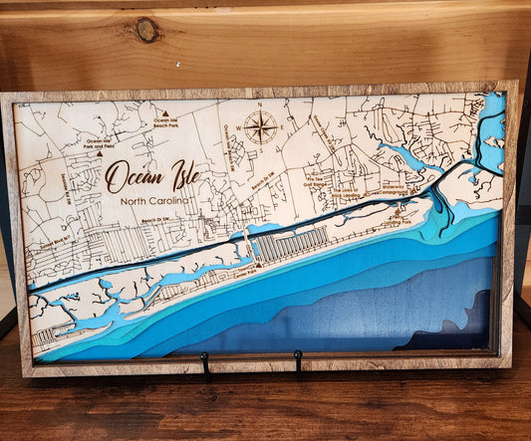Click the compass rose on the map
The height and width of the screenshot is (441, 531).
tap(261, 126)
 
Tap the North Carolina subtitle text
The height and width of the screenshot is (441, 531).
tap(153, 202)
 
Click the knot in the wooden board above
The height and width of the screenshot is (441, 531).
tap(147, 30)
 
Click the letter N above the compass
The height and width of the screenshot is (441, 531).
tap(261, 106)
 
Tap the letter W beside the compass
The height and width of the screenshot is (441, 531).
tap(239, 127)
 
